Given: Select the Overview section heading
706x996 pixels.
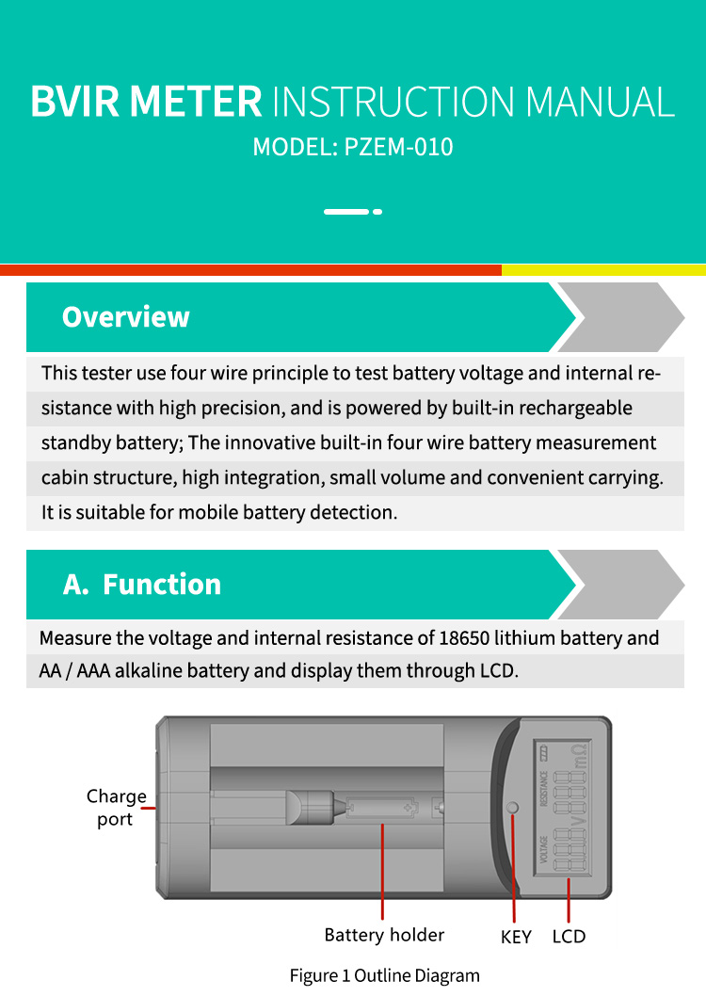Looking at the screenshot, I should click(125, 317).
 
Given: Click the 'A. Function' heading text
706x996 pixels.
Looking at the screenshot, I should click(142, 585).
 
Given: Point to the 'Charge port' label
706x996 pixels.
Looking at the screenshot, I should click(116, 808).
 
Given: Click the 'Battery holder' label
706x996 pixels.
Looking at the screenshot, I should click(384, 935).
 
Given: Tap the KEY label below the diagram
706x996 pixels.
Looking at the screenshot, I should click(516, 937).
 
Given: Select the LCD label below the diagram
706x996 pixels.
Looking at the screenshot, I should click(569, 937).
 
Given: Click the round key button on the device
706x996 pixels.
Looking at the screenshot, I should click(513, 808).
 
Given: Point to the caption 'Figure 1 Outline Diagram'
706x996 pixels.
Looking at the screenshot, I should click(384, 975).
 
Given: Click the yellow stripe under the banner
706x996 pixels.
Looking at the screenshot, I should click(603, 270).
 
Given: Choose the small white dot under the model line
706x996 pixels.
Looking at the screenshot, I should click(377, 212).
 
